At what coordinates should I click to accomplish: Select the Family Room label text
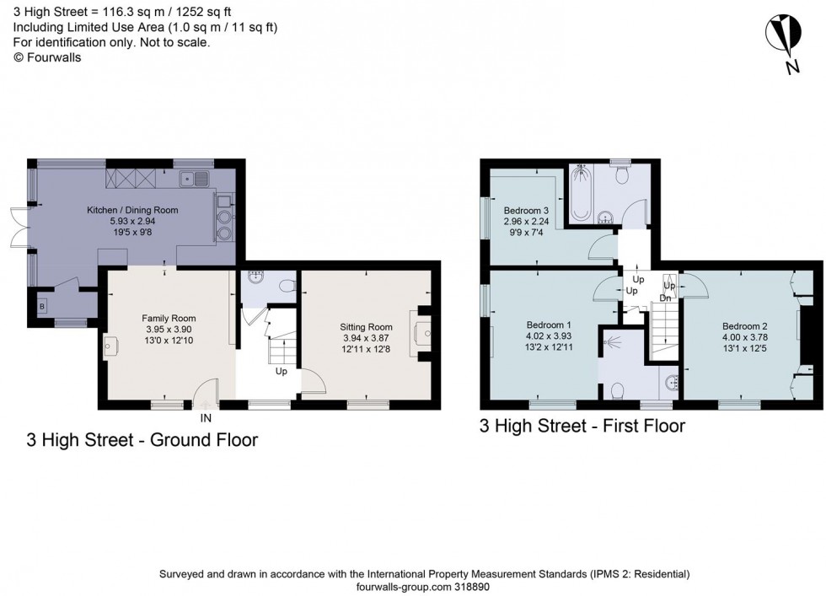164,318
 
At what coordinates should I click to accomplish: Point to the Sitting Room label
366,327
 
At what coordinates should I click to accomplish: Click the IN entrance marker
206,417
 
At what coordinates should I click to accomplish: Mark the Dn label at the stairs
664,298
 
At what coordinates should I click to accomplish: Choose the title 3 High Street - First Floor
582,427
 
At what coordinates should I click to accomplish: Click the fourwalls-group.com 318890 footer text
424,587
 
